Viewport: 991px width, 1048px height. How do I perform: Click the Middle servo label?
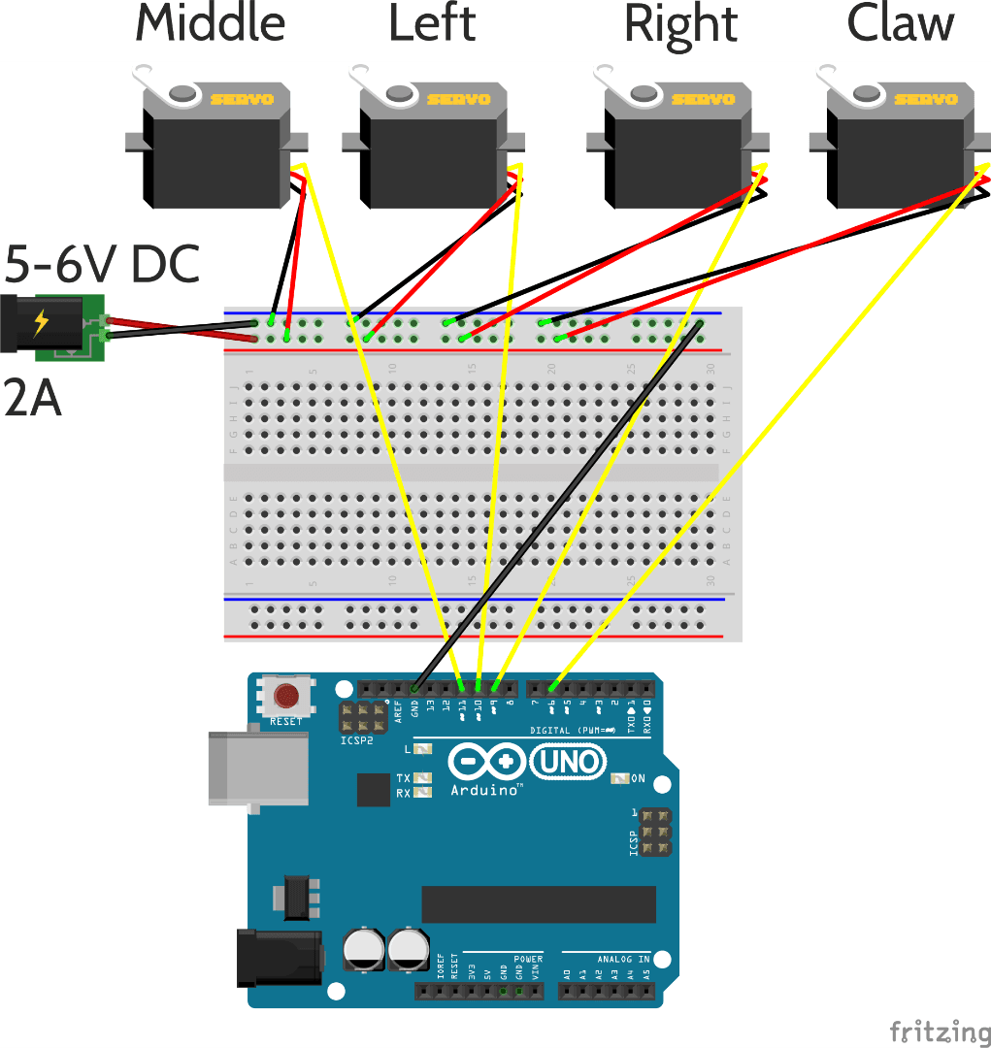(211, 24)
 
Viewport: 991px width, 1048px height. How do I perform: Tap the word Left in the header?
(432, 24)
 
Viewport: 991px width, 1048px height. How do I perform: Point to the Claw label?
(901, 24)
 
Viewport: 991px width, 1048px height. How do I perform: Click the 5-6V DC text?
(102, 264)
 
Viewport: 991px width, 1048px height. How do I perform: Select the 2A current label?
(32, 399)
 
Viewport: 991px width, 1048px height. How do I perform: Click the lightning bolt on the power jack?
(42, 322)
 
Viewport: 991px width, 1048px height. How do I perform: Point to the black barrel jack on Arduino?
(279, 959)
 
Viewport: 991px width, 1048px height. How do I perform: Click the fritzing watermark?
(939, 1031)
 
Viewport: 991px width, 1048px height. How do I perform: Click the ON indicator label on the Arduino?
(638, 778)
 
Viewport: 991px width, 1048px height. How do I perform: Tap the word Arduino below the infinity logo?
(486, 791)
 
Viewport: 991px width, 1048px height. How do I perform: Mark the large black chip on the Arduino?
(539, 904)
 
